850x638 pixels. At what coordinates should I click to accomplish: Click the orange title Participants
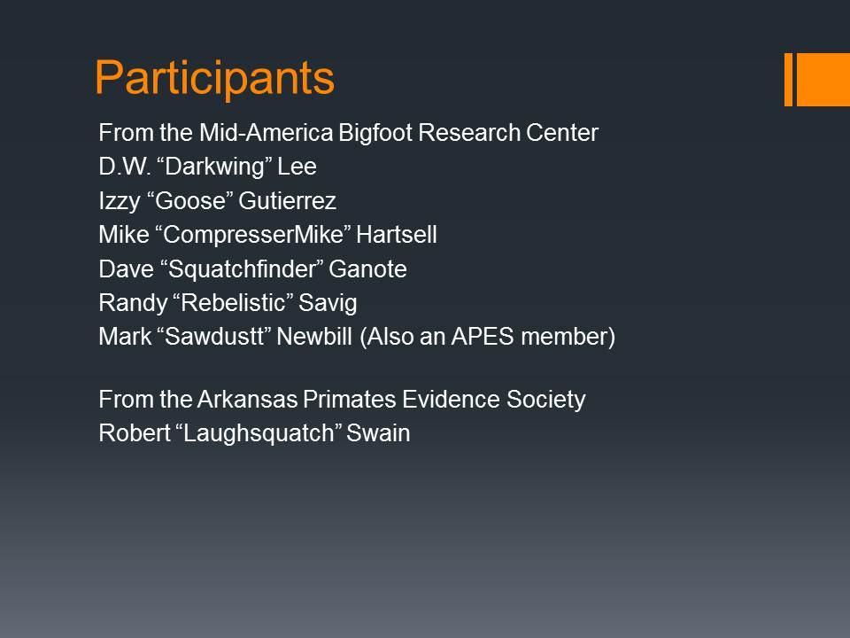pyautogui.click(x=214, y=79)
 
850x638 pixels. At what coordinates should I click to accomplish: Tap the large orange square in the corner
pyautogui.click(x=823, y=79)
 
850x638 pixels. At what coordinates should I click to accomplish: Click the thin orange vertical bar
pyautogui.click(x=788, y=79)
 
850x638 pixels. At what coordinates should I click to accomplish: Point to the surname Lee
pyautogui.click(x=297, y=167)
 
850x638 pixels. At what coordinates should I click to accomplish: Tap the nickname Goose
pyautogui.click(x=189, y=201)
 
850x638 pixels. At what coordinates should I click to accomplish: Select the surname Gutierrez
pyautogui.click(x=287, y=201)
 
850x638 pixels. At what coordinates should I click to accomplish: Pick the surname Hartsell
pyautogui.click(x=397, y=235)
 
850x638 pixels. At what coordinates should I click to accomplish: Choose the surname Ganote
pyautogui.click(x=367, y=269)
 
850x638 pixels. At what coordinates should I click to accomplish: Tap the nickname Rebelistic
pyautogui.click(x=233, y=303)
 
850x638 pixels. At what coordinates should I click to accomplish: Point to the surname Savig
pyautogui.click(x=328, y=303)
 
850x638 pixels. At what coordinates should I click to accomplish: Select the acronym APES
pyautogui.click(x=483, y=337)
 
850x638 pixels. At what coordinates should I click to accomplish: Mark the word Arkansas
pyautogui.click(x=247, y=400)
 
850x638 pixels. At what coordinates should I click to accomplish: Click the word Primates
pyautogui.click(x=350, y=400)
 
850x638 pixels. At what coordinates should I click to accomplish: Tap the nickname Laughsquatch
pyautogui.click(x=258, y=434)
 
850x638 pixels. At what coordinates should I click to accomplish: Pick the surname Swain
pyautogui.click(x=378, y=433)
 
